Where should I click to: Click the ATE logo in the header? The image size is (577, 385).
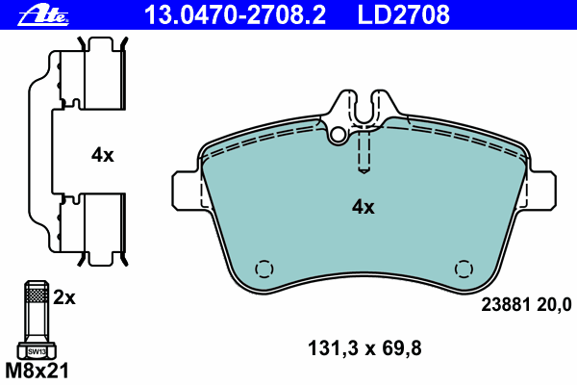[x=43, y=16]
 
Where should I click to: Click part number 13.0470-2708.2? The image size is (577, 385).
[x=236, y=15]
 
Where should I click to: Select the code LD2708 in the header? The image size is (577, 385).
[x=404, y=15]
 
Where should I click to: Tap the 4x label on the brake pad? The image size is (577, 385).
[x=363, y=207]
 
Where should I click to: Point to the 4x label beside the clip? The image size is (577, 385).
[x=103, y=155]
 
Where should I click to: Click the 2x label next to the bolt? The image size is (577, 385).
[x=64, y=297]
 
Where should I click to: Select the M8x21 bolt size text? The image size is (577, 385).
[x=37, y=371]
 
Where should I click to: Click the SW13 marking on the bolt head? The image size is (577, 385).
[x=37, y=352]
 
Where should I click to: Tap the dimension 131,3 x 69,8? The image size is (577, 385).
[x=364, y=348]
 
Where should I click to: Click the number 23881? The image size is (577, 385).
[x=505, y=305]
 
